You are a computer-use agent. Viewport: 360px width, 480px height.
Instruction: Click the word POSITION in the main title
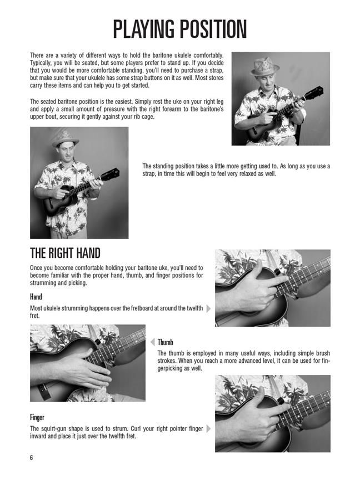pyautogui.click(x=213, y=29)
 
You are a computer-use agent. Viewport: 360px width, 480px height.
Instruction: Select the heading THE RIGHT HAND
pyautogui.click(x=65, y=253)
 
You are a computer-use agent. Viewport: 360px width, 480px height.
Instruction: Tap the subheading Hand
pyautogui.click(x=36, y=297)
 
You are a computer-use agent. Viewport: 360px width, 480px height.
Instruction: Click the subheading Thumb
pyautogui.click(x=166, y=342)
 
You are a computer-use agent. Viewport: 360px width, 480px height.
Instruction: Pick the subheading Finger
pyautogui.click(x=37, y=417)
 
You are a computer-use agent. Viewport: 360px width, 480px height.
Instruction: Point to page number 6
pyautogui.click(x=31, y=458)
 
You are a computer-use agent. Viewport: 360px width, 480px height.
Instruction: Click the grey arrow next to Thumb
pyautogui.click(x=152, y=342)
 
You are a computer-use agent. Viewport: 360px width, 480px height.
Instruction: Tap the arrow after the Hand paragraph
pyautogui.click(x=209, y=308)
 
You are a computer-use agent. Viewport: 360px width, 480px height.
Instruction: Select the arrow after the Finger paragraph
pyautogui.click(x=209, y=428)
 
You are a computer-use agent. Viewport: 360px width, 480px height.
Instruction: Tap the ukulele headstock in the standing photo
pyautogui.click(x=110, y=174)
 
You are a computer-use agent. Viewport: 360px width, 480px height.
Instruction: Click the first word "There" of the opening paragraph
pyautogui.click(x=37, y=56)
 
